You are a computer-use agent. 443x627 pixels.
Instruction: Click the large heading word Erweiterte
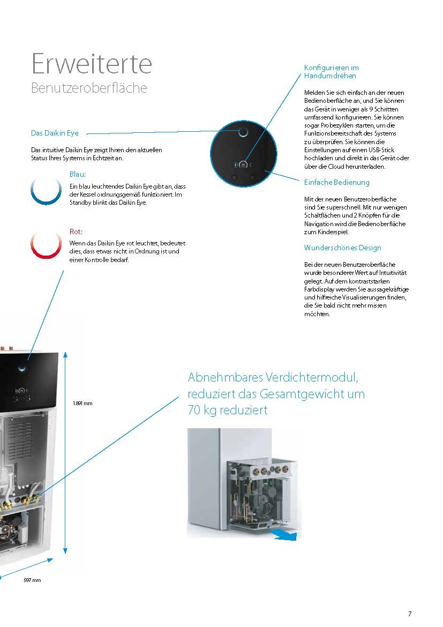[92, 64]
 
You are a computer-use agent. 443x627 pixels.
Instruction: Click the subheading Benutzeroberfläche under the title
[89, 88]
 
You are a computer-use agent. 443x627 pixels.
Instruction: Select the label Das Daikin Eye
[56, 133]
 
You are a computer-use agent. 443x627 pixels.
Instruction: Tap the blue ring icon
[46, 189]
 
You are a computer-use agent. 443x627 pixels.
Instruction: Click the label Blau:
[78, 175]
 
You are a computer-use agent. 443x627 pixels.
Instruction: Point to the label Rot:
[76, 232]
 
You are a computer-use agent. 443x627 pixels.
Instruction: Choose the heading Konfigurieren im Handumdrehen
[331, 72]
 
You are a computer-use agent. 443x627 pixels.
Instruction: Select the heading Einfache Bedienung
[336, 183]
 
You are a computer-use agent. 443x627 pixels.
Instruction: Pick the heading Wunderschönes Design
[342, 248]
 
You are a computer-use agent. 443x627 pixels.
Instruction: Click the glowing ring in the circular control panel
[243, 132]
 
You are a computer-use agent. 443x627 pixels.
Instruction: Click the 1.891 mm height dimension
[82, 404]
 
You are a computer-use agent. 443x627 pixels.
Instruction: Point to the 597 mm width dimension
[32, 580]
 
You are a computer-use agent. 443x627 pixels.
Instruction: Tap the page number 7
[410, 614]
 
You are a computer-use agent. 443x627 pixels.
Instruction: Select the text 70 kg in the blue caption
[205, 410]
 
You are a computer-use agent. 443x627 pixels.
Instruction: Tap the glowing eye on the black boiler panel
[22, 367]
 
